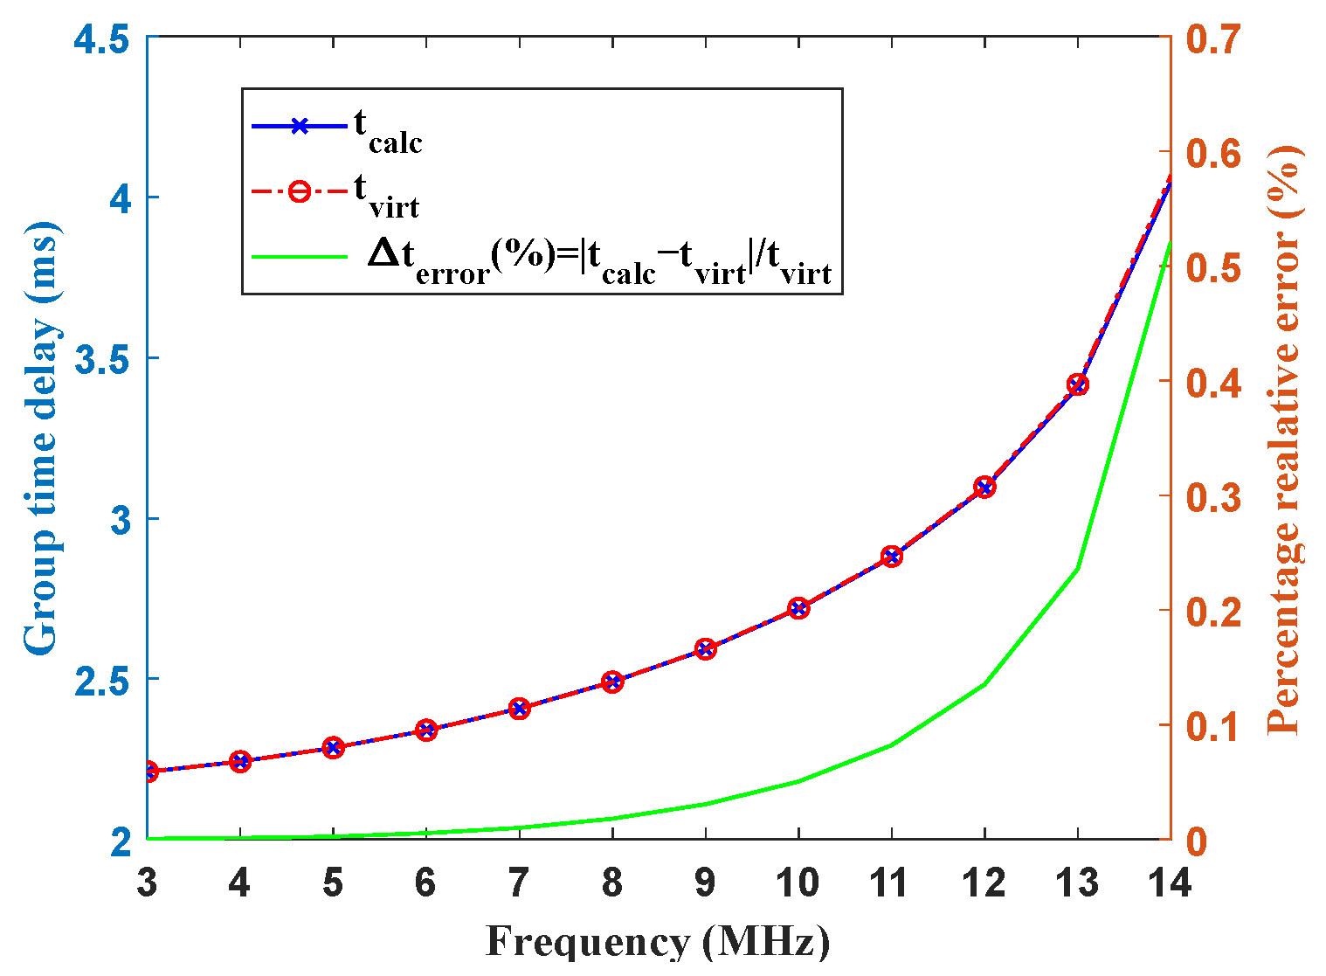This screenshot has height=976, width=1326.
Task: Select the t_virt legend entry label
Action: point(386,194)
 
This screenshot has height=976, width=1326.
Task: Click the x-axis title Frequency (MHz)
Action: point(657,943)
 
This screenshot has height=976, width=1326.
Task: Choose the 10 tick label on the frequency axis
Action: point(798,883)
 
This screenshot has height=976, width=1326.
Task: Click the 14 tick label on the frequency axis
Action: point(1170,883)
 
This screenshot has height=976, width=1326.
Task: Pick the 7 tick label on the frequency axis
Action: point(519,883)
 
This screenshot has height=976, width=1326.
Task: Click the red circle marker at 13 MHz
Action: point(1077,384)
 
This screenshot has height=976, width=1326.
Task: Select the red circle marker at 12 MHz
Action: point(984,488)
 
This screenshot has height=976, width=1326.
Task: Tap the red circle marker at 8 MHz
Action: point(612,682)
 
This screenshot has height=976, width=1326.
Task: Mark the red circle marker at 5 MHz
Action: point(333,747)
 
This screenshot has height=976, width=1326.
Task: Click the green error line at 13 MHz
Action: point(1077,568)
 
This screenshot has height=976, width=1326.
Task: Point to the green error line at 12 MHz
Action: point(984,683)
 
